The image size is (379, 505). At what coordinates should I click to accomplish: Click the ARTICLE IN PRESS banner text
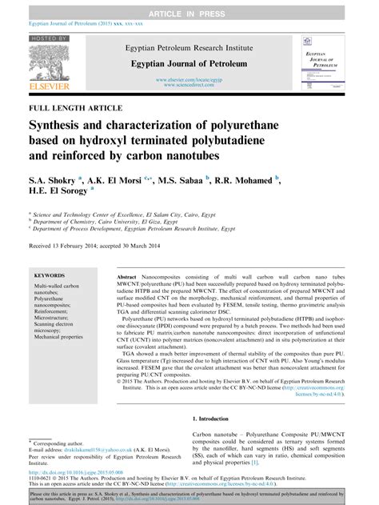[x=189, y=7]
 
